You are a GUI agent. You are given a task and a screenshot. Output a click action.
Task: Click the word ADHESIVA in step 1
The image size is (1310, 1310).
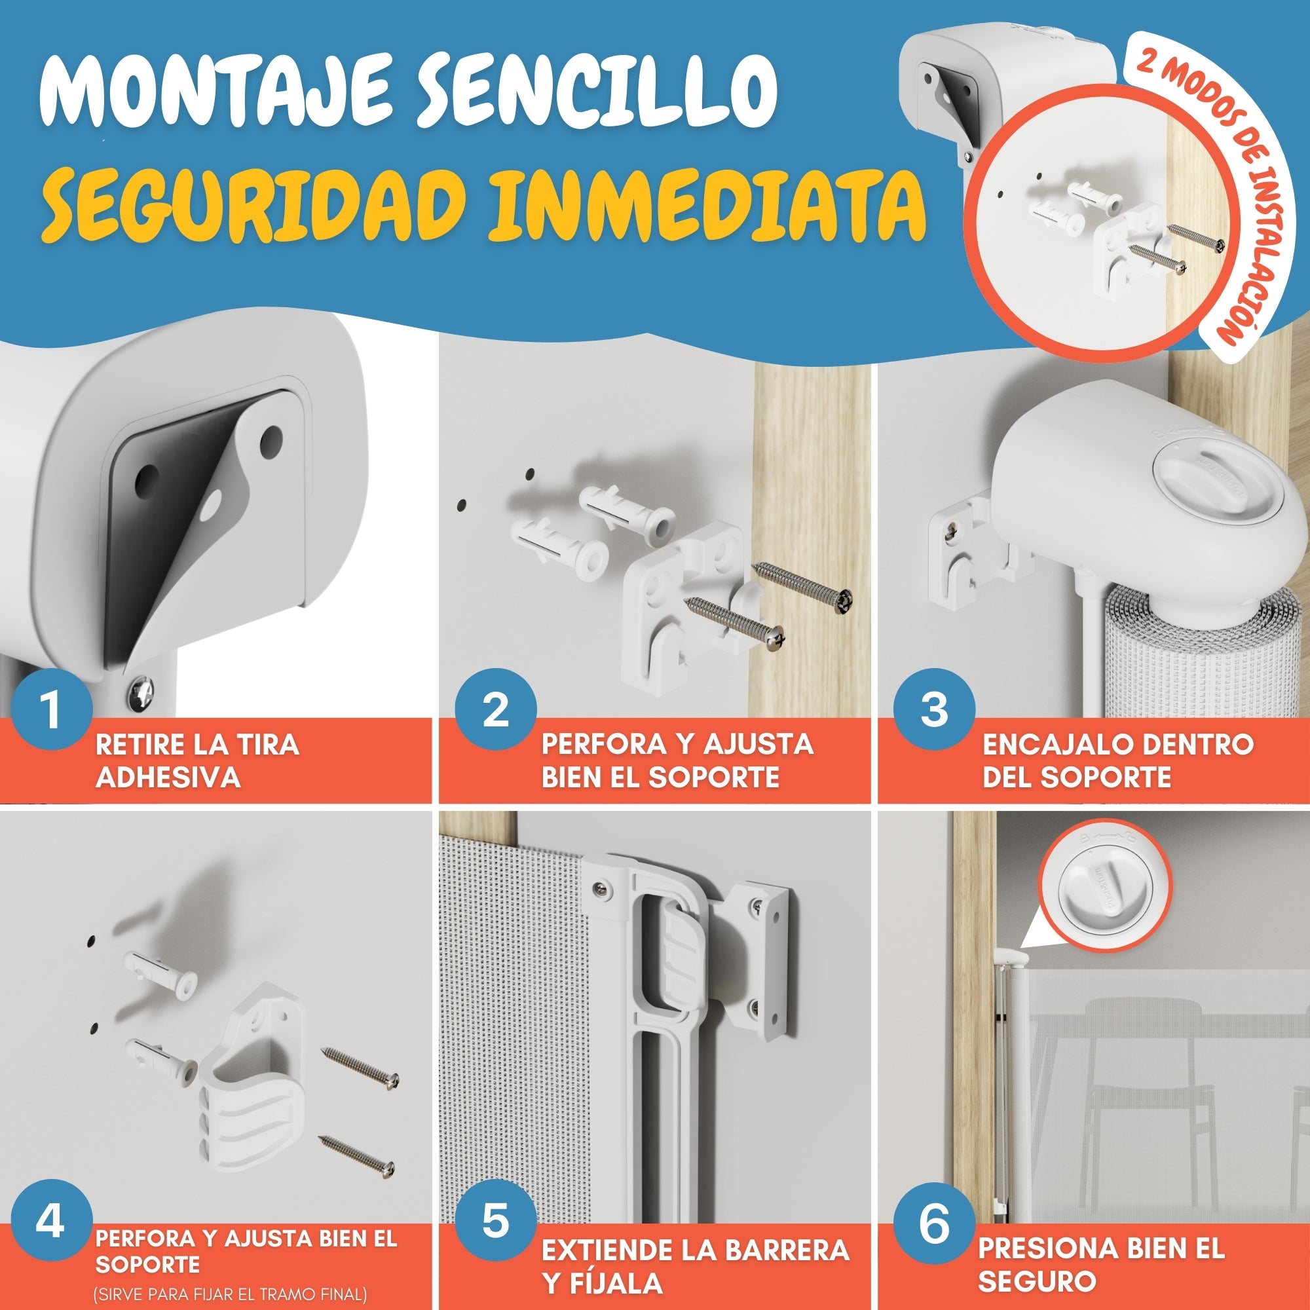[169, 777]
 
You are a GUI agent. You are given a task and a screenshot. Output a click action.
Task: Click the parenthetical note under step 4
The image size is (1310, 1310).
[231, 1294]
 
